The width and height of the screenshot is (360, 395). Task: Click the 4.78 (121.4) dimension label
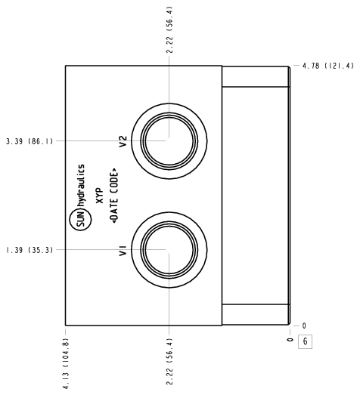(327, 66)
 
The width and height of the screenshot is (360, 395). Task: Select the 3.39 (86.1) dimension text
(29, 141)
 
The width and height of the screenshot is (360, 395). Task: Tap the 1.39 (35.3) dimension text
(29, 250)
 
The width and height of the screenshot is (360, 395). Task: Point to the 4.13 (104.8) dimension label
(66, 363)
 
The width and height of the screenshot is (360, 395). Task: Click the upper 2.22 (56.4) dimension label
(169, 29)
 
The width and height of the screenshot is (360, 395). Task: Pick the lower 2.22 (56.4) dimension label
(169, 361)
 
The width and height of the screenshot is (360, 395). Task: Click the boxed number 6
(306, 341)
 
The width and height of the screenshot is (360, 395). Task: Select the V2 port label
(123, 141)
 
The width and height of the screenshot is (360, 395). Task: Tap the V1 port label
(123, 252)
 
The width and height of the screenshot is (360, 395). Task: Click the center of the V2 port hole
(169, 141)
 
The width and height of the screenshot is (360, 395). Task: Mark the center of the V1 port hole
(169, 250)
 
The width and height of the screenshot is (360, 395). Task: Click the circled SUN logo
(80, 220)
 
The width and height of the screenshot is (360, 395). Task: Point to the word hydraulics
(81, 186)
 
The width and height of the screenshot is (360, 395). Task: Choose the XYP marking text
(100, 195)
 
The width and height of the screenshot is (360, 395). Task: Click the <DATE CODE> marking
(115, 195)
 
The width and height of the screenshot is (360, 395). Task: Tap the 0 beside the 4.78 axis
(304, 326)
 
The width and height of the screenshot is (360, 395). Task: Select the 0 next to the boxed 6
(290, 340)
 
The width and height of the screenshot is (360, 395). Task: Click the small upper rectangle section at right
(256, 76)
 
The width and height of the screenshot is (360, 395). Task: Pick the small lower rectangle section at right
(256, 315)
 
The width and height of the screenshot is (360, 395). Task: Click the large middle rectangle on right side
(256, 196)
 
